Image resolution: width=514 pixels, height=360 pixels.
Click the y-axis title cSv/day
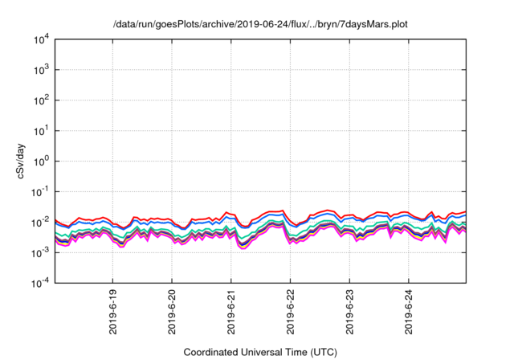click(x=22, y=161)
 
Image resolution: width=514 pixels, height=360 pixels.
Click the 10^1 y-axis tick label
click(x=41, y=130)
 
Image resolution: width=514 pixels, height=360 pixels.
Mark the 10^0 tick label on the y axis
click(x=41, y=161)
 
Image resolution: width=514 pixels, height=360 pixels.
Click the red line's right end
click(x=466, y=212)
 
